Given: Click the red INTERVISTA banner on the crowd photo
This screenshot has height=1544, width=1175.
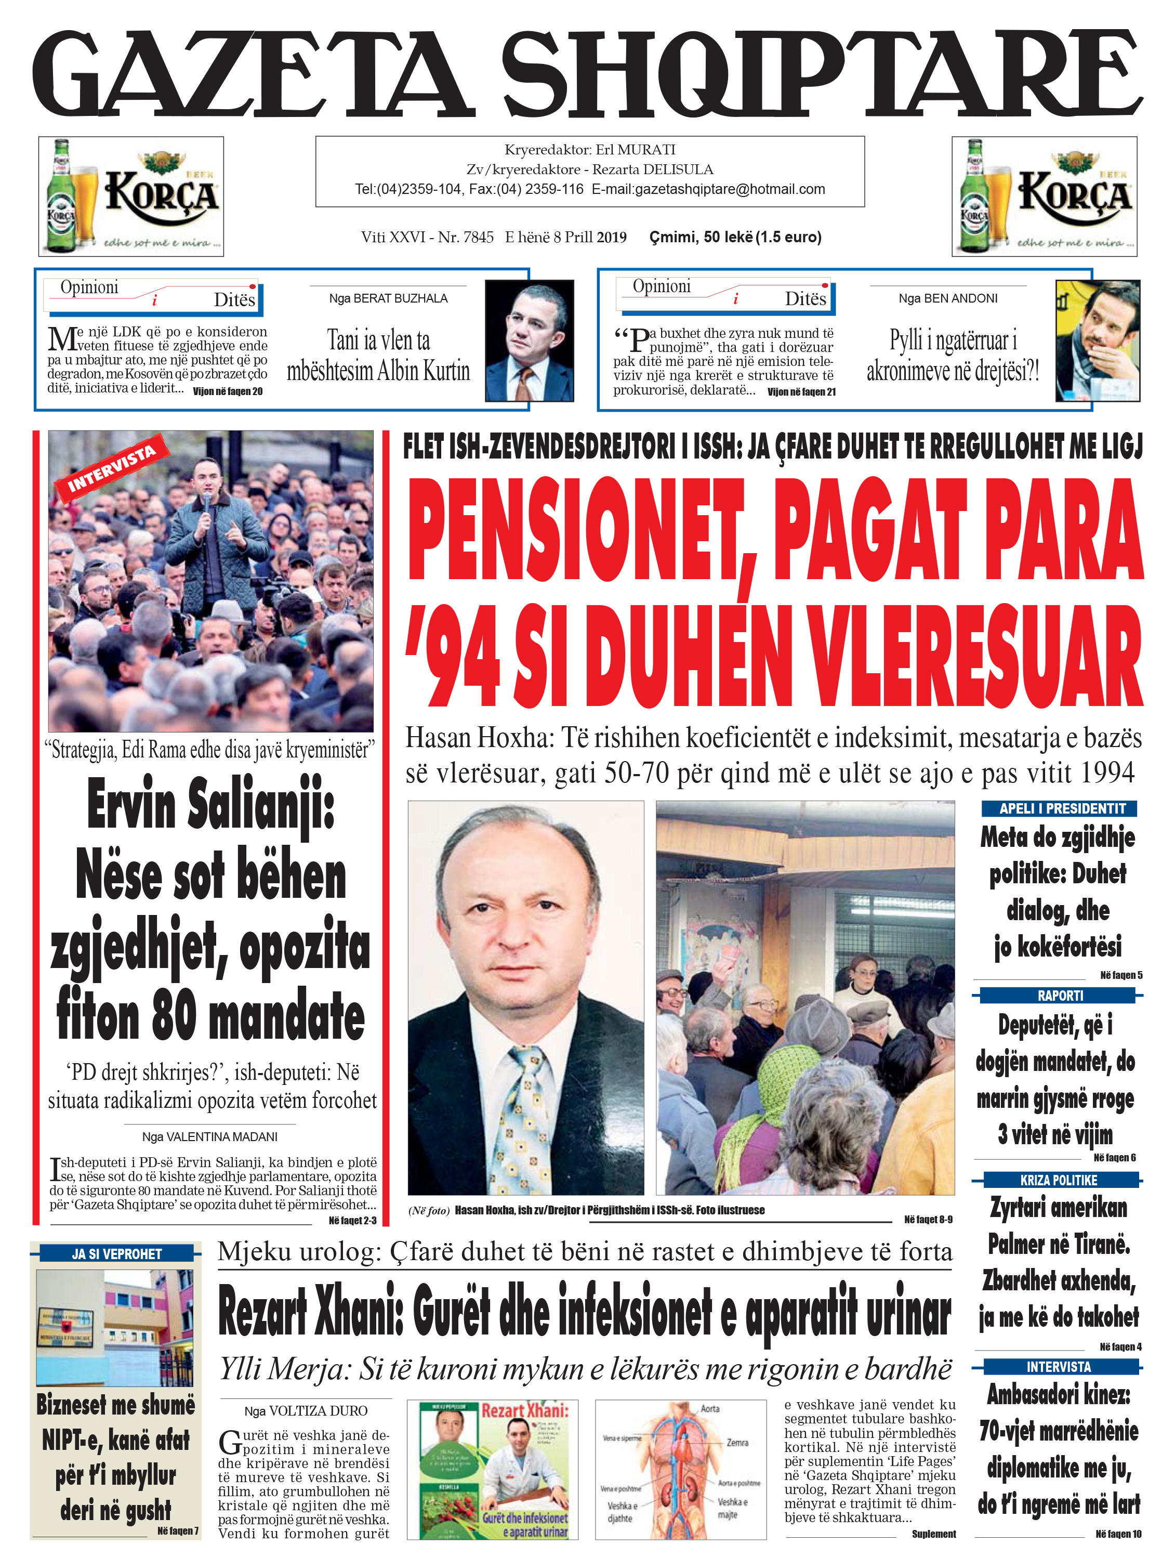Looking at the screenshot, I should coord(112,467).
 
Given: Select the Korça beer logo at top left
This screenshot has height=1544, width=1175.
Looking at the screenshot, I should coord(131,196).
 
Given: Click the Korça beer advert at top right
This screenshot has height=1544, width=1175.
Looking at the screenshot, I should coord(1044,196).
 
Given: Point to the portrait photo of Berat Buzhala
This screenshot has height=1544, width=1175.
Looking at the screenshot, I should coord(530,341).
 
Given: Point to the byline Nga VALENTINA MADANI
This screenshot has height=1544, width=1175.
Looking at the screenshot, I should coord(210,1137).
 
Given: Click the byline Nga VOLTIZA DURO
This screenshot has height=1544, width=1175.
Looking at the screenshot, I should coord(306,1410).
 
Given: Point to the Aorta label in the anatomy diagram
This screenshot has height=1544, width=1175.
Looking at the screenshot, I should coord(709,1408).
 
